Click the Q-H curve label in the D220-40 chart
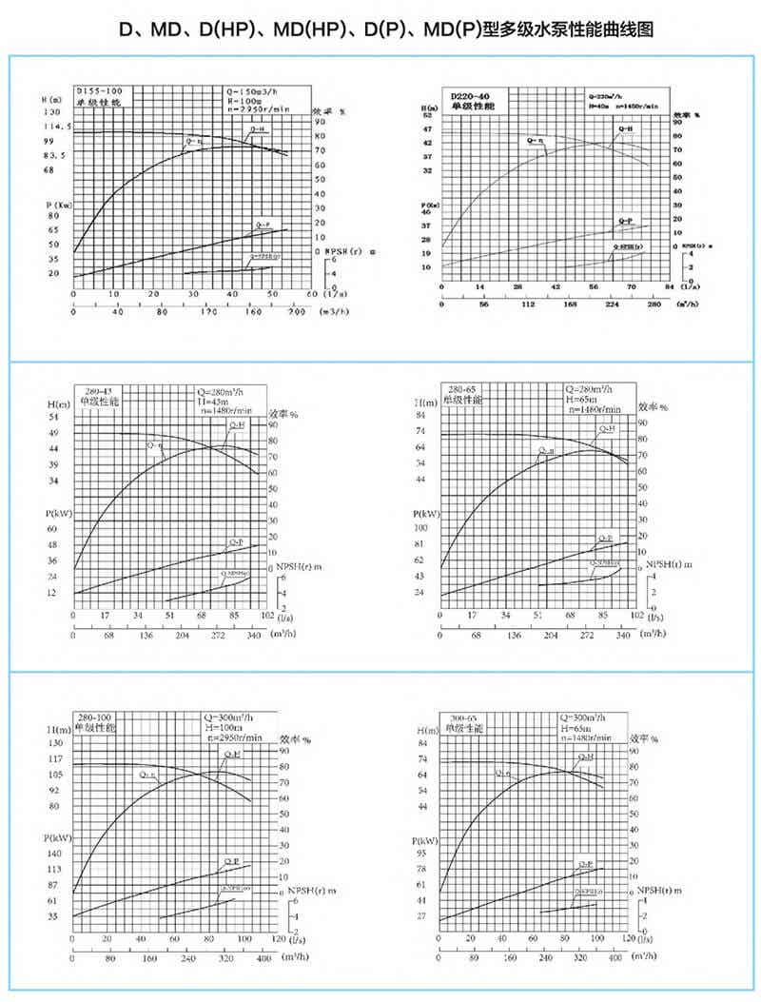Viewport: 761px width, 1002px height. coord(626,128)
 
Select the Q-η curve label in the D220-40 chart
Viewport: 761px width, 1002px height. coord(537,141)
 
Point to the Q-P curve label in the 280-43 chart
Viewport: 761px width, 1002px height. coord(235,541)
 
